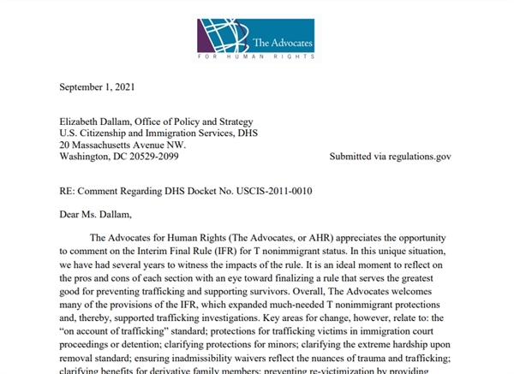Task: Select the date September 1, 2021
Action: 96,87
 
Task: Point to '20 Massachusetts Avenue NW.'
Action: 123,145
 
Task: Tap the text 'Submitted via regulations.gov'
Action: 390,157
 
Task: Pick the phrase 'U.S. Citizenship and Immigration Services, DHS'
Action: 158,133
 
